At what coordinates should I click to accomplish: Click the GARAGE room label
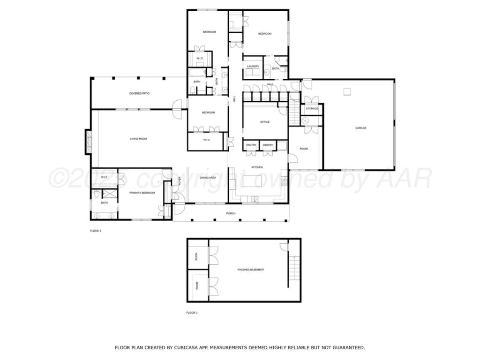tap(360, 128)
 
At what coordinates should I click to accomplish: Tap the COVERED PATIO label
tap(139, 94)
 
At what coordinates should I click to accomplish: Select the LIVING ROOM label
tap(138, 139)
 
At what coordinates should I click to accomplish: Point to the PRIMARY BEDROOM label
tap(142, 193)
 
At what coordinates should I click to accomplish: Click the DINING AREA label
tap(208, 178)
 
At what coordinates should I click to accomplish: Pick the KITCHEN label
tap(257, 167)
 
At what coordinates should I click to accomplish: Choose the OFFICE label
tap(265, 122)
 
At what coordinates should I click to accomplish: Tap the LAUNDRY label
tap(253, 67)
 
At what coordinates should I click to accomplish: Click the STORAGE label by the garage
tap(312, 109)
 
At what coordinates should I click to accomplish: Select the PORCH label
tap(231, 213)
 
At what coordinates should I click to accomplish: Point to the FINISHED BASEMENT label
tap(251, 270)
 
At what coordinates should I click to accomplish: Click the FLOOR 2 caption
tap(96, 231)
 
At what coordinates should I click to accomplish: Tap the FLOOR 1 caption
tap(192, 313)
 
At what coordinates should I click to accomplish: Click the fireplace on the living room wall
tap(88, 142)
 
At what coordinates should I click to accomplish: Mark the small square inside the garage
tap(347, 91)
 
